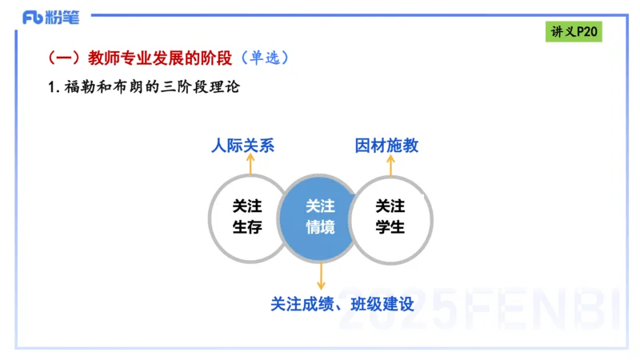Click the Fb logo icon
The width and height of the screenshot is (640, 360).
(33, 17)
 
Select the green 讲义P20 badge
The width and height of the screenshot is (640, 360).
(575, 32)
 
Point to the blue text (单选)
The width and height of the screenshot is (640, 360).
(262, 58)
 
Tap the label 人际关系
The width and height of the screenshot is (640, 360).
(243, 146)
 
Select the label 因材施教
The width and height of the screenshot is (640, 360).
(386, 146)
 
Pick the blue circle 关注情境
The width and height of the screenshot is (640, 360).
(320, 217)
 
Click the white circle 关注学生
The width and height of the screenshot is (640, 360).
(391, 217)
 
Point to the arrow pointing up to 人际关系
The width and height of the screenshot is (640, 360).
(250, 164)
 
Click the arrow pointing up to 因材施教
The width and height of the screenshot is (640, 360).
(391, 164)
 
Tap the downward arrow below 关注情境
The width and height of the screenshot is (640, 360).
(321, 276)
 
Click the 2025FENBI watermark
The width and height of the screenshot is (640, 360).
(480, 308)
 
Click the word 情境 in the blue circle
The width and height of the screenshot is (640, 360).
(320, 227)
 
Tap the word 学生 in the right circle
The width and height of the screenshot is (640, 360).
(390, 227)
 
